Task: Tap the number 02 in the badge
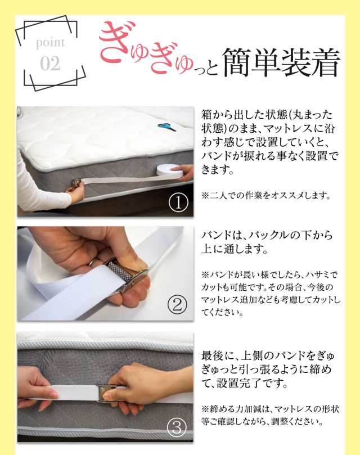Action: (x=50, y=64)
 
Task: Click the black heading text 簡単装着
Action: (x=281, y=61)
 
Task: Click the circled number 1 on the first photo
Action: (x=178, y=202)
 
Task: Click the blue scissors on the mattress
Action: (x=166, y=127)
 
